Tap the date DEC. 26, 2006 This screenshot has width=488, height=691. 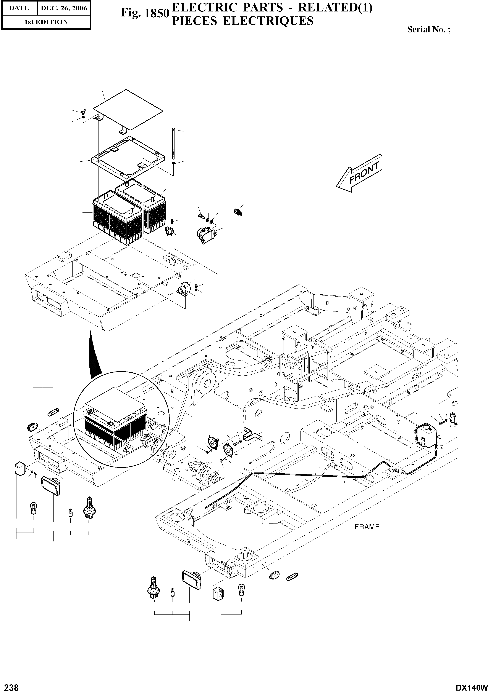point(64,8)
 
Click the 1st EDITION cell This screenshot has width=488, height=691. point(46,22)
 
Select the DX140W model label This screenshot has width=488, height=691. point(471,686)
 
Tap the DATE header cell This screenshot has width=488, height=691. point(19,8)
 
